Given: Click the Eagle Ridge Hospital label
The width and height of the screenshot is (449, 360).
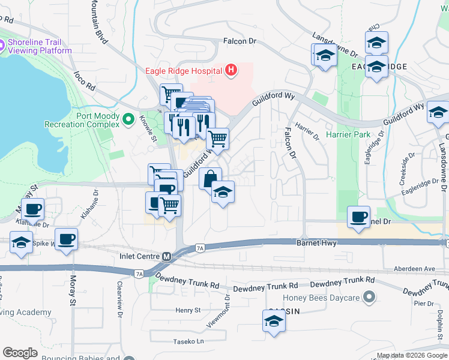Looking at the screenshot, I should (184, 71).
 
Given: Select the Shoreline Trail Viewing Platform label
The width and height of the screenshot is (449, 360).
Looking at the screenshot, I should (40, 46).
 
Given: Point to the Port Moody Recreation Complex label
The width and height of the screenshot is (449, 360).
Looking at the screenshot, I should (82, 120).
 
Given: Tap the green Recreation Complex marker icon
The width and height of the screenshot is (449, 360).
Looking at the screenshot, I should (127, 120).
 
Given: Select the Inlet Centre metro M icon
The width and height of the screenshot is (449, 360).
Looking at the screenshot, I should (167, 256).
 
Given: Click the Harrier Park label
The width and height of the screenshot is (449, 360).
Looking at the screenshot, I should (348, 134).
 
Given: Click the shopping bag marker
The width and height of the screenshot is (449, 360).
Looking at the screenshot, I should (210, 178).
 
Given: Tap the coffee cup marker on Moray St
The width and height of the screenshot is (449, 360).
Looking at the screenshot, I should (65, 239).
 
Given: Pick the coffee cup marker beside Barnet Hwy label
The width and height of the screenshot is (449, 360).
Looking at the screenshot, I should (359, 217).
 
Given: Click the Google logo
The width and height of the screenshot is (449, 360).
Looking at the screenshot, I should (20, 353).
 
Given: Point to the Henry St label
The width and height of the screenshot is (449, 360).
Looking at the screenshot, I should (188, 310).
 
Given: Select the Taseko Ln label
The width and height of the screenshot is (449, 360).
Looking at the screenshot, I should (188, 341).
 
